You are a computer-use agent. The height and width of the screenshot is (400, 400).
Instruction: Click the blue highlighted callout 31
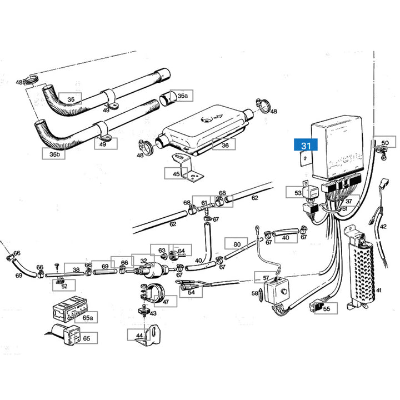pos(306,146)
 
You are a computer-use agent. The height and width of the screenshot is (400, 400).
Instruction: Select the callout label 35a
pos(183,96)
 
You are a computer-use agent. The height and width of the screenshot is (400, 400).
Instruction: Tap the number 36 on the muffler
pos(224,146)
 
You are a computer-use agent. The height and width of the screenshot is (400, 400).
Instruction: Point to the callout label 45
pos(176,174)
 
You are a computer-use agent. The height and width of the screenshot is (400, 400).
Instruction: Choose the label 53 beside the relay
pos(298,193)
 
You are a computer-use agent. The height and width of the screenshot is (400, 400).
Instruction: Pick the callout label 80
pos(237,243)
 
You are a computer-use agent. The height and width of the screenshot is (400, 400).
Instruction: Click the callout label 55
pos(326,309)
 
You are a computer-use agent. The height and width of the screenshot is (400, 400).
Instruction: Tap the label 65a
pos(87,318)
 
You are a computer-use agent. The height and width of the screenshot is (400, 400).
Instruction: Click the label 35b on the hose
pos(54,154)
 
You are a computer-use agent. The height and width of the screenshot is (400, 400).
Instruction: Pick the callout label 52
pos(64,286)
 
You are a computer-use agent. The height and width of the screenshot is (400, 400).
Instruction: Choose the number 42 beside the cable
pos(383,226)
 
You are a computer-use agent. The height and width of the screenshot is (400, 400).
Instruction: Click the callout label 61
pos(204,203)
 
